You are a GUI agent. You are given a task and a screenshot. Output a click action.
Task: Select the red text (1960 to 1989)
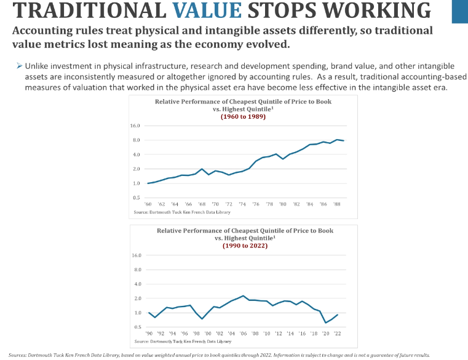point(243,116)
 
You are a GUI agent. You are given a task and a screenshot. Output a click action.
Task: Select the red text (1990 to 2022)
point(245,245)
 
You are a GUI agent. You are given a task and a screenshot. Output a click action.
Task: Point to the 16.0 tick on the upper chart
point(135,126)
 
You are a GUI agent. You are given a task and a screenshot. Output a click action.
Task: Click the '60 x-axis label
point(148,203)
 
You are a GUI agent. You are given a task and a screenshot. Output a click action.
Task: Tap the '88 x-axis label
point(336,203)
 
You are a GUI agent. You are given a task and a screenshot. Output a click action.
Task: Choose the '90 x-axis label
point(149,333)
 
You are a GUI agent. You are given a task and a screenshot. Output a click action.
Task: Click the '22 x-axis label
point(337,333)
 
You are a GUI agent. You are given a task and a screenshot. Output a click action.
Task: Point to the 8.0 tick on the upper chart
point(135,140)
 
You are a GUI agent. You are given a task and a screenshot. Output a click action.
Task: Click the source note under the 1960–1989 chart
point(182,212)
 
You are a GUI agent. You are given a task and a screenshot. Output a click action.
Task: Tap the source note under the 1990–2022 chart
point(183,341)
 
